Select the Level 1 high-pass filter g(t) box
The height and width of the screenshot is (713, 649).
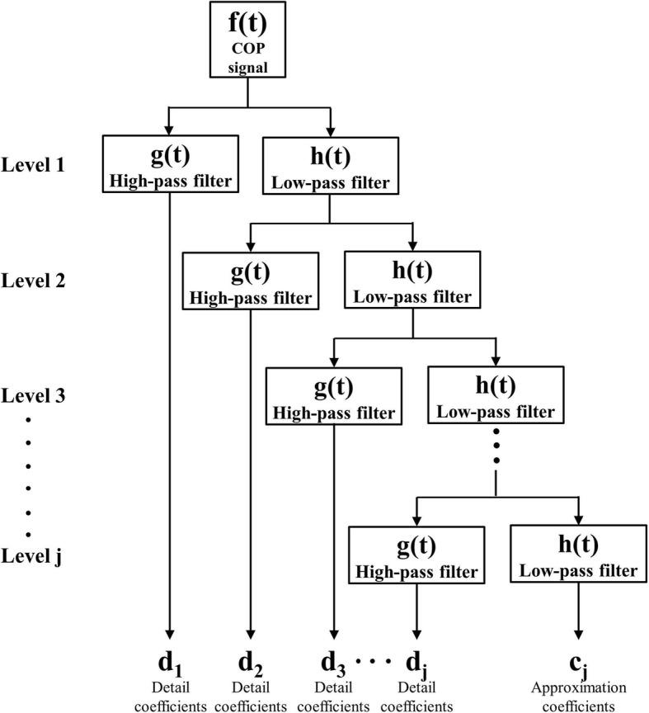pyautogui.click(x=169, y=164)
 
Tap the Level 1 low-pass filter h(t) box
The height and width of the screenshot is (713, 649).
pyautogui.click(x=330, y=164)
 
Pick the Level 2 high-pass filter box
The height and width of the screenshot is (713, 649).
pyautogui.click(x=250, y=280)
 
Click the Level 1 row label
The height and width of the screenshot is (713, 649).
pyautogui.click(x=39, y=164)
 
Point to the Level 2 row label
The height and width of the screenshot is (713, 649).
pyautogui.click(x=39, y=281)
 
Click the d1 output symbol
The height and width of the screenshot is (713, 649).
pyautogui.click(x=169, y=664)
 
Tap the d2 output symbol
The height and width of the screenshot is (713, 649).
pyautogui.click(x=250, y=664)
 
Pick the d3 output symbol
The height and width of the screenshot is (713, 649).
pyautogui.click(x=333, y=664)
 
